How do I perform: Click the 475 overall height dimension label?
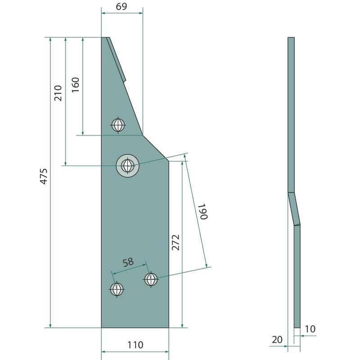pyautogui.click(x=44, y=176)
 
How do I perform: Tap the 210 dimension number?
pyautogui.click(x=58, y=93)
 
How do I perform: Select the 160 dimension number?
pyautogui.click(x=75, y=85)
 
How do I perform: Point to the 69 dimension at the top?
pyautogui.click(x=121, y=6)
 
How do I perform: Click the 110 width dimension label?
pyautogui.click(x=135, y=345)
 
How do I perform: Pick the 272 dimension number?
pyautogui.click(x=175, y=243)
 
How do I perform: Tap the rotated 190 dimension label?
pyautogui.click(x=203, y=211)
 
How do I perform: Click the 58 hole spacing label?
pyautogui.click(x=128, y=262)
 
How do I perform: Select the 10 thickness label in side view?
pyautogui.click(x=310, y=329)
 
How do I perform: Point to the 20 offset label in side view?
pyautogui.click(x=277, y=340)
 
